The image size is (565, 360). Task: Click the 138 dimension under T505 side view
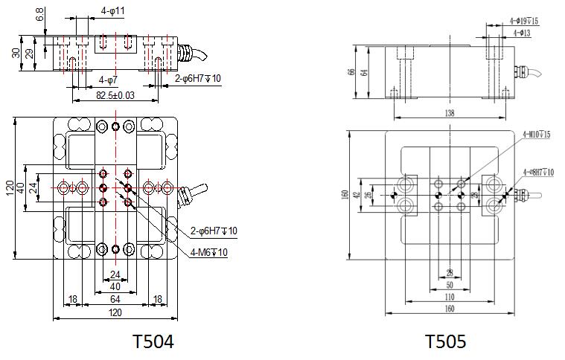448,114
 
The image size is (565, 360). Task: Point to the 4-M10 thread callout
536,135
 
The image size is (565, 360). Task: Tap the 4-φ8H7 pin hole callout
538,172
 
